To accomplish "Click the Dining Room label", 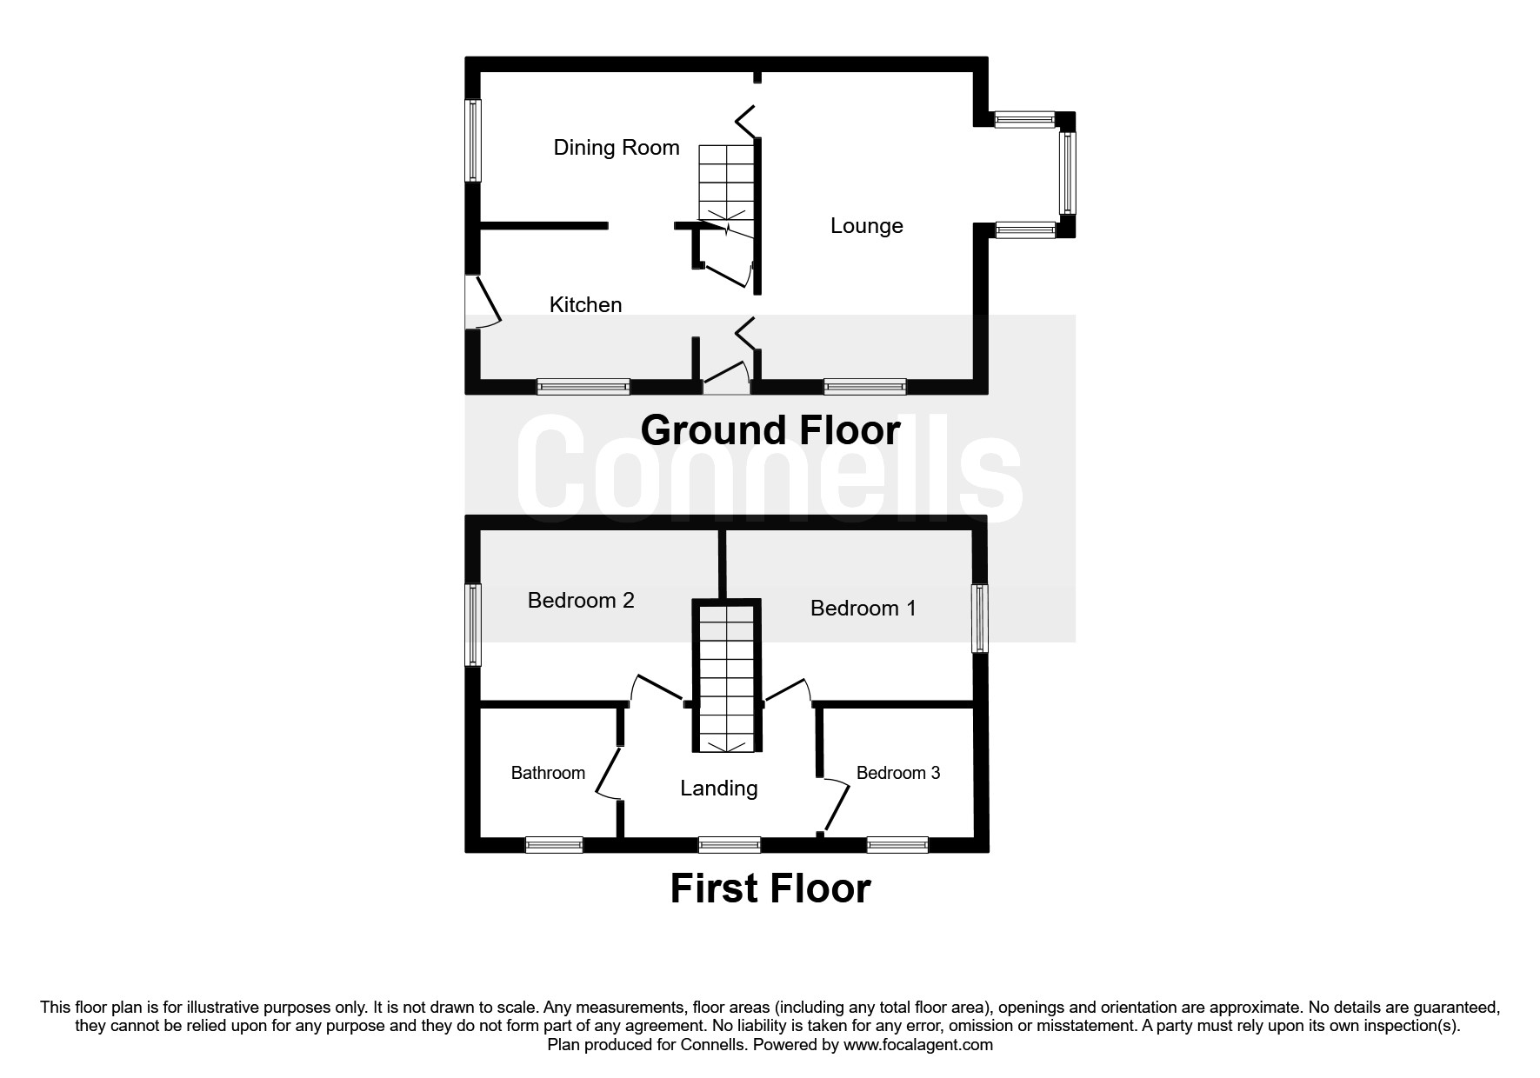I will tap(616, 148).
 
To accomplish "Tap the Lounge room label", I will tap(866, 226).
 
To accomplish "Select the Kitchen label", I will tap(585, 305).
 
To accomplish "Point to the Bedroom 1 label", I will tap(863, 609).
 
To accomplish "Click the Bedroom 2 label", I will tap(581, 601).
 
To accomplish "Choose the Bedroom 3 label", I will tap(897, 773).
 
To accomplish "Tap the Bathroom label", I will tap(548, 773).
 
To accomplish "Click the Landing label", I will tap(718, 789).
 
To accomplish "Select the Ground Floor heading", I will tap(770, 430).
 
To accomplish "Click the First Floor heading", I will tap(770, 888).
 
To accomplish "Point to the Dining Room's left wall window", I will tap(473, 140).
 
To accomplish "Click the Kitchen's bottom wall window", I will tap(583, 386).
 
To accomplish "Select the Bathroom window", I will tap(554, 844).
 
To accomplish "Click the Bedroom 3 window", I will tap(897, 844).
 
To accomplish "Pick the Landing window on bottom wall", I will tap(730, 844).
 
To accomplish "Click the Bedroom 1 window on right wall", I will tap(980, 618).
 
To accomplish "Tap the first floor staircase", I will tap(726, 678).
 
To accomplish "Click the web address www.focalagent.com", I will tap(917, 1045).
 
